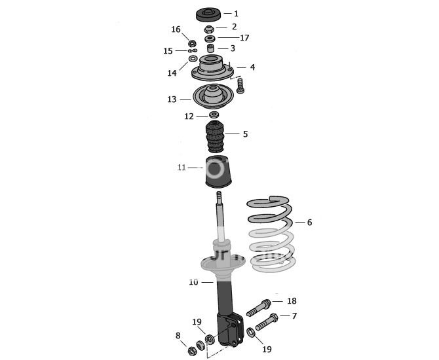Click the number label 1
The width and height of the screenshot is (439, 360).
pos(236,13)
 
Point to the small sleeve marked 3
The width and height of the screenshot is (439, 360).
pos(211,48)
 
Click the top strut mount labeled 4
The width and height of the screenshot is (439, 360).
pos(212,67)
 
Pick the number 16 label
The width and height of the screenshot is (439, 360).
pos(176,29)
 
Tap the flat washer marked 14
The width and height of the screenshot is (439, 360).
pos(193,59)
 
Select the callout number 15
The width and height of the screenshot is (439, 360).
pos(168,51)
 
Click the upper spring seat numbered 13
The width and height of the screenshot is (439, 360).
pos(211,98)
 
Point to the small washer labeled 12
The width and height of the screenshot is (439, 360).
pos(213,116)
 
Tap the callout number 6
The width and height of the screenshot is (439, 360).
pos(309,223)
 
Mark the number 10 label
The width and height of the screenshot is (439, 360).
pos(193,282)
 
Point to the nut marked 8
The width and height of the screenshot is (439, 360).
pos(193,351)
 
